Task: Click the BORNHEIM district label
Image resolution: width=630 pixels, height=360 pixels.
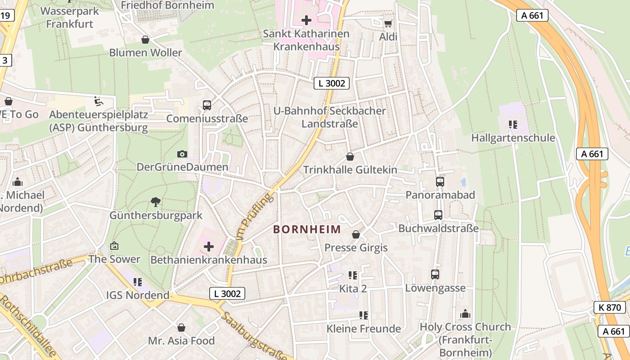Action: click(x=307, y=229)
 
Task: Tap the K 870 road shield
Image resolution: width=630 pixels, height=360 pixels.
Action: click(x=609, y=307)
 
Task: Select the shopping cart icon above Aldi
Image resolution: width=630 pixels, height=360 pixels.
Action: click(x=388, y=23)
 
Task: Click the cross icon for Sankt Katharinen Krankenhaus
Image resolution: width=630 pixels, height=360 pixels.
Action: click(x=306, y=20)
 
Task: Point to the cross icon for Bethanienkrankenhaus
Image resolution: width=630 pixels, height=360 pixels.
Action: click(x=209, y=246)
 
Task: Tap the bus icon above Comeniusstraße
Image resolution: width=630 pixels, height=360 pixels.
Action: click(x=207, y=105)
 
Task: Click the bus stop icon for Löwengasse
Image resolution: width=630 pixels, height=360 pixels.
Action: click(x=435, y=274)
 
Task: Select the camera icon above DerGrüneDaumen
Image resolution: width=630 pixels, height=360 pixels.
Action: click(x=182, y=154)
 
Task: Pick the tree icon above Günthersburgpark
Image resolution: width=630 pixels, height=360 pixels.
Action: click(x=156, y=202)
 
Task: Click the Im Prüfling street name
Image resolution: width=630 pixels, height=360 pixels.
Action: click(x=254, y=216)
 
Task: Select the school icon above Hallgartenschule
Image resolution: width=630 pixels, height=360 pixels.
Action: click(x=513, y=124)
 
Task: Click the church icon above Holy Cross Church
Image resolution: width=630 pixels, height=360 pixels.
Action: click(x=465, y=314)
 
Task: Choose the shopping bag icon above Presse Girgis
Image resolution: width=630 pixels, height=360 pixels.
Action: click(x=356, y=234)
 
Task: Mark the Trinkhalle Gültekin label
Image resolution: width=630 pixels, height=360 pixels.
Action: click(x=350, y=170)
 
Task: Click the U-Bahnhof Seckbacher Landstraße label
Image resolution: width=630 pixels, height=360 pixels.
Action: click(x=330, y=117)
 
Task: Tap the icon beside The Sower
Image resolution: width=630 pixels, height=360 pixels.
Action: click(x=114, y=246)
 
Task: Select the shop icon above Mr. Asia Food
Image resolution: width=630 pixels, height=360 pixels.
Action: click(x=181, y=327)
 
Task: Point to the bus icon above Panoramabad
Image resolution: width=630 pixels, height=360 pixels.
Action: click(x=440, y=182)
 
